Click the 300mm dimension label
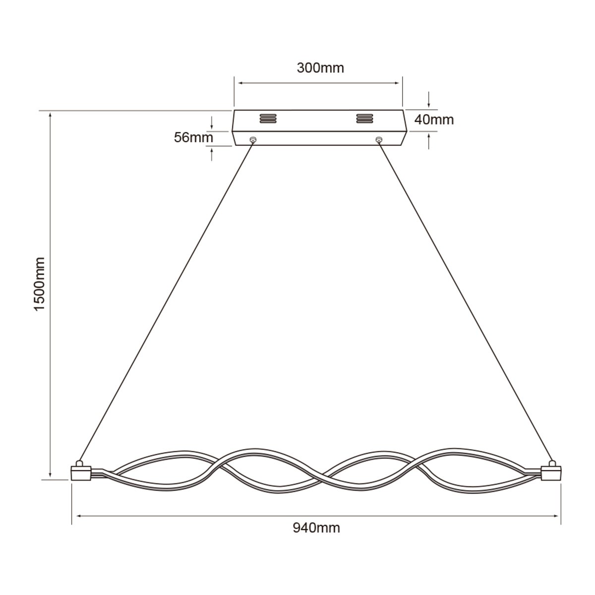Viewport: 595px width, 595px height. [x=320, y=68]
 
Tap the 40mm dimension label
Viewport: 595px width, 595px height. [x=434, y=119]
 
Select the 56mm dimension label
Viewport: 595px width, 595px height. [x=193, y=137]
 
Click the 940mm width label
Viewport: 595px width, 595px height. [x=316, y=528]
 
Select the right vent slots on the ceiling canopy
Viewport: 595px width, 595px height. [x=364, y=119]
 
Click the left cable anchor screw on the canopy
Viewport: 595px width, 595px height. [x=253, y=140]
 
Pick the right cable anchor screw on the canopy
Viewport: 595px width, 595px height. [x=379, y=140]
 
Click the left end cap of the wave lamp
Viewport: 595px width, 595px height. [x=81, y=473]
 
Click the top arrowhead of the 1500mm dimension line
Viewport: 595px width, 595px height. [x=50, y=115]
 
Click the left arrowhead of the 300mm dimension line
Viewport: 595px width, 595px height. [x=238, y=83]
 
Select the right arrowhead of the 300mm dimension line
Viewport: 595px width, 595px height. [x=399, y=83]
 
